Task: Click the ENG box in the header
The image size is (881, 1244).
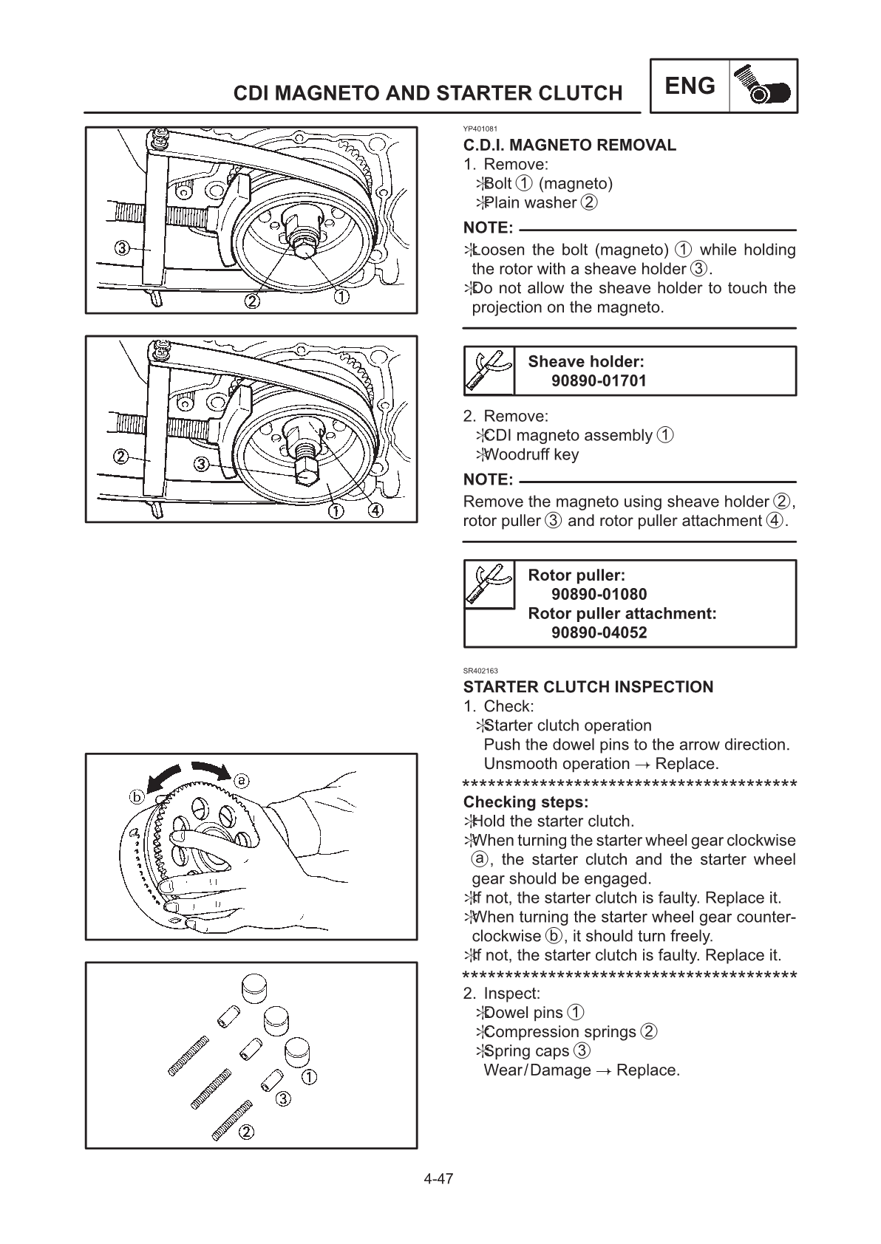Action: click(690, 86)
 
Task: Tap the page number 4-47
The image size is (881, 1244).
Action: click(438, 1178)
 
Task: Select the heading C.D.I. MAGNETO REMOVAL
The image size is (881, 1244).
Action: click(569, 145)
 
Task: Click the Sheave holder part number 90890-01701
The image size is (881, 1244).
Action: click(599, 381)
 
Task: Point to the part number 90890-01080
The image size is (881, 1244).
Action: click(599, 595)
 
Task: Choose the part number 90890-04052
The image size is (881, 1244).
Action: click(599, 633)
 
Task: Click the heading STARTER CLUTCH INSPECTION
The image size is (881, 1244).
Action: click(588, 687)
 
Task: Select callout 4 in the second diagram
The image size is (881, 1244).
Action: click(375, 512)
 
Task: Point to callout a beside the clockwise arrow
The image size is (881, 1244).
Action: click(241, 779)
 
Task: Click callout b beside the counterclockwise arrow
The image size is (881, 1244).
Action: click(137, 796)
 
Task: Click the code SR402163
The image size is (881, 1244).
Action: click(480, 671)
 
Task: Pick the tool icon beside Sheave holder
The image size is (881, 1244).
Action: click(489, 371)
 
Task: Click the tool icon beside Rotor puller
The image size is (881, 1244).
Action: click(489, 584)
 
